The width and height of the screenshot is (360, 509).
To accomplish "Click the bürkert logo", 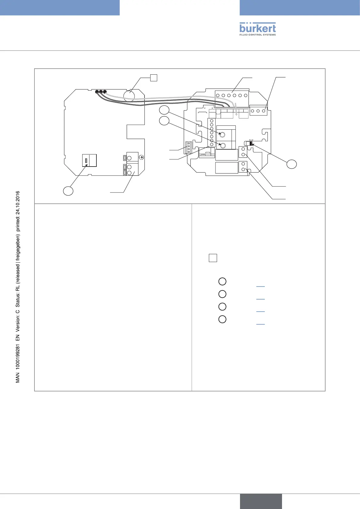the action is pos(258,29).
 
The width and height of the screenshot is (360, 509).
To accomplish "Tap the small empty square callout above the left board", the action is pos(154,77).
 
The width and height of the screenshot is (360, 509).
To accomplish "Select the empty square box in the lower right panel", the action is pos(213,258).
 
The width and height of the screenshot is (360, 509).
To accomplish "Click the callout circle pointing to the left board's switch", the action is pos(68,191).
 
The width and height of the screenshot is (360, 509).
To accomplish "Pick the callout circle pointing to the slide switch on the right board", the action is pos(292,164).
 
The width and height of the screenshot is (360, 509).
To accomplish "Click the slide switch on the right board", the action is pos(249,143).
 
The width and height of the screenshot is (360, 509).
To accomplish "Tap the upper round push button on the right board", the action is pos(223,135).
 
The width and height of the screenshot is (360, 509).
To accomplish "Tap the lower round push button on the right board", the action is pos(223,146).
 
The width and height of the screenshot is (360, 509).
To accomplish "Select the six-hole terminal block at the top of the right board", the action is pos(232,95).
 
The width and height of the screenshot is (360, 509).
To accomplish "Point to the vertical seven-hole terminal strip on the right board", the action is pos(212,133).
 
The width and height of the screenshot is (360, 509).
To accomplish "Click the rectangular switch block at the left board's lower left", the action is pos(89,160).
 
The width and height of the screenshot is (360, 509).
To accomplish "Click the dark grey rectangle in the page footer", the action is pos(261,501).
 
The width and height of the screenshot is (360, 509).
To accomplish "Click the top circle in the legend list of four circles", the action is pos(222,281).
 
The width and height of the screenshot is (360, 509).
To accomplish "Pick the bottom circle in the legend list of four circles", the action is pos(222,319).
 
